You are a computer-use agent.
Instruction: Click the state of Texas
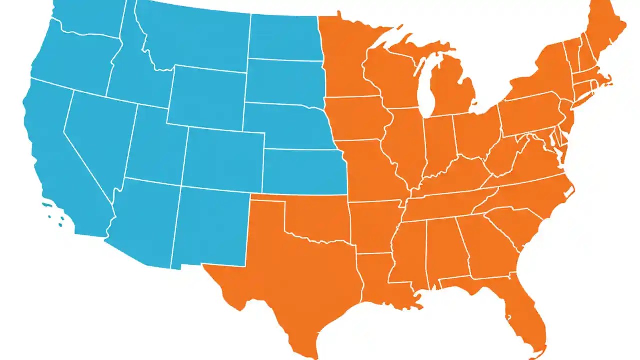(295, 270)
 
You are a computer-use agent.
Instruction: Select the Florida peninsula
(525, 315)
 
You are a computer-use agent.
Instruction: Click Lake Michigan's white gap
(425, 90)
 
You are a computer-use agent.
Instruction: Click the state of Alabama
(442, 247)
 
